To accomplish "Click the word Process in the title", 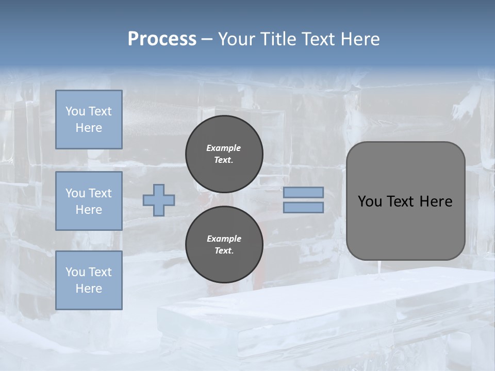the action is pyautogui.click(x=162, y=39).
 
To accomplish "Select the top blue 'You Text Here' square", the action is pyautogui.click(x=89, y=120).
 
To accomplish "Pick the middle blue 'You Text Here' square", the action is pyautogui.click(x=89, y=201).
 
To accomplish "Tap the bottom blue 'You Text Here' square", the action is pyautogui.click(x=89, y=280).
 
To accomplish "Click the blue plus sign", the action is pyautogui.click(x=159, y=200).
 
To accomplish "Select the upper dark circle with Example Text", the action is pyautogui.click(x=224, y=154).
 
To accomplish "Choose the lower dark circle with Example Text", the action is pyautogui.click(x=224, y=244).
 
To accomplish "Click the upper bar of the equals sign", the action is pyautogui.click(x=303, y=193).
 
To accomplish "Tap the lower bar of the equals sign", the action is pyautogui.click(x=303, y=208).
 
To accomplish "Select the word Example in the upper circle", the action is pyautogui.click(x=224, y=148).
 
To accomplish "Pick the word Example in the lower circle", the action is pyautogui.click(x=224, y=239).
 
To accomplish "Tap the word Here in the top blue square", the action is pyautogui.click(x=89, y=128).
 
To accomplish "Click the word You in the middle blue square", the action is pyautogui.click(x=74, y=193).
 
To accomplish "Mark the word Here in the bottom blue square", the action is pyautogui.click(x=89, y=289).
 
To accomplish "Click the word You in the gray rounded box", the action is pyautogui.click(x=370, y=201).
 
